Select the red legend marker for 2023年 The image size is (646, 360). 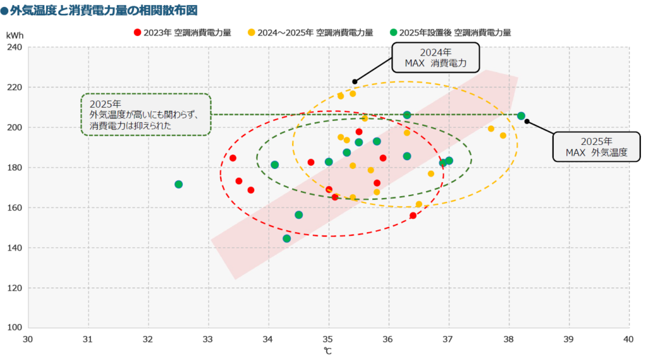pyautogui.click(x=138, y=32)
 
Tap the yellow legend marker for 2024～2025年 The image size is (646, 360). pyautogui.click(x=252, y=32)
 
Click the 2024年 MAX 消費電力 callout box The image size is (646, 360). pyautogui.click(x=435, y=57)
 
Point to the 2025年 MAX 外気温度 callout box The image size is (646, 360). pyautogui.click(x=596, y=146)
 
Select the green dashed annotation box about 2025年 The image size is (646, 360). pyautogui.click(x=146, y=114)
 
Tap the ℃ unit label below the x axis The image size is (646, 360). pyautogui.click(x=328, y=351)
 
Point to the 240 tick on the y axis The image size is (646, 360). pyautogui.click(x=15, y=47)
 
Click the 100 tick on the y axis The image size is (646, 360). pyautogui.click(x=15, y=328)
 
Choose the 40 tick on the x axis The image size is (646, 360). pyautogui.click(x=628, y=339)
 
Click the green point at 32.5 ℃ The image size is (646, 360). pyautogui.click(x=179, y=184)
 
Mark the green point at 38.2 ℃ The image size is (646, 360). pyautogui.click(x=521, y=116)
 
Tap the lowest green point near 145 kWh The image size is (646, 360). pyautogui.click(x=286, y=238)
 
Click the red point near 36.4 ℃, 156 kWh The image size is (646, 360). pyautogui.click(x=413, y=216)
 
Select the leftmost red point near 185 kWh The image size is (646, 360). pyautogui.click(x=233, y=158)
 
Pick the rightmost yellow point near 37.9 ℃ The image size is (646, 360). pyautogui.click(x=503, y=136)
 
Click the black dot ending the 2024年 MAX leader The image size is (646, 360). pyautogui.click(x=355, y=82)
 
